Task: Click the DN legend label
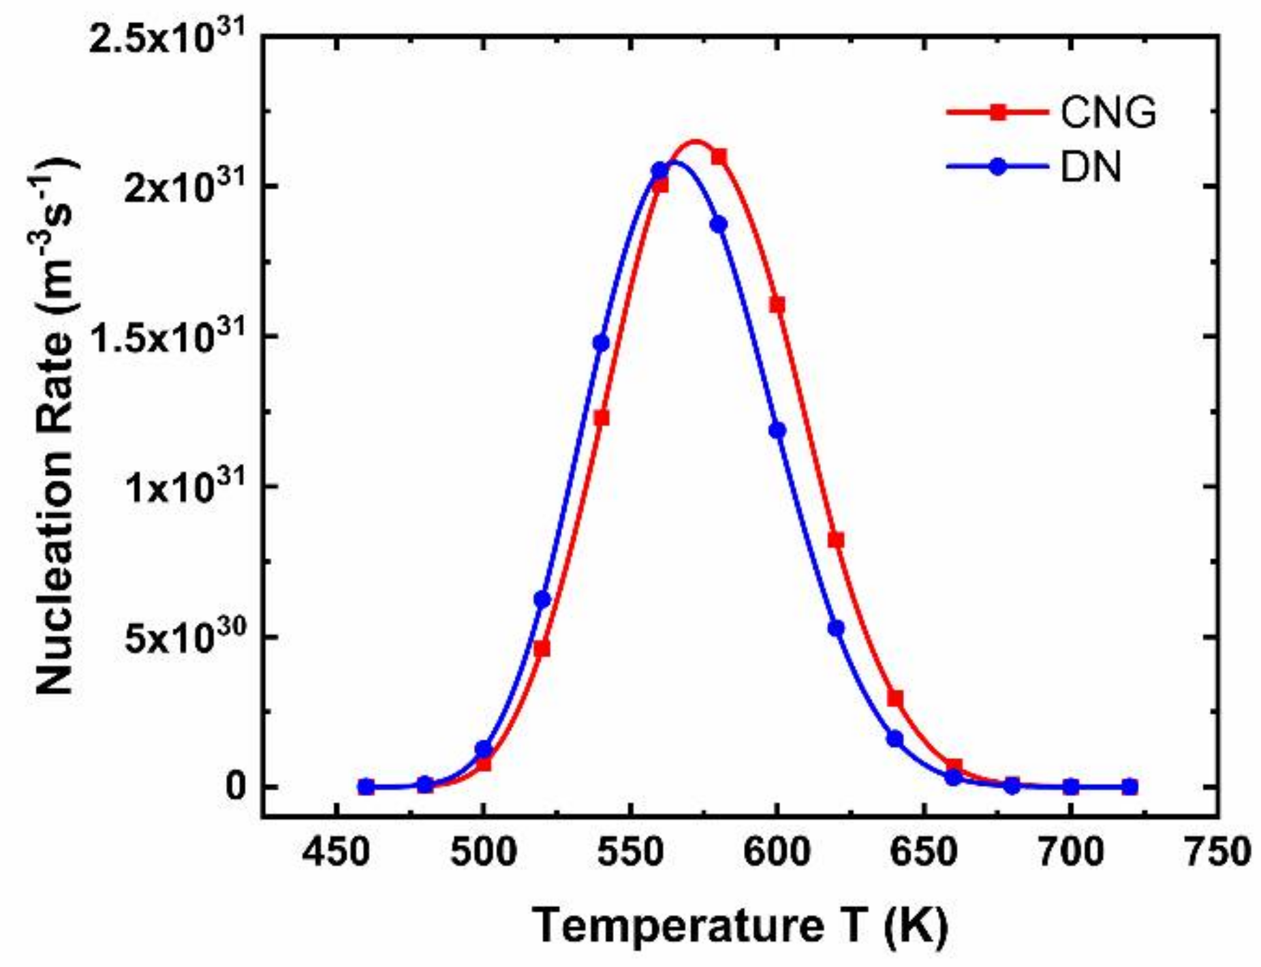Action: pyautogui.click(x=1091, y=167)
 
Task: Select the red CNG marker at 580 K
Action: pyautogui.click(x=719, y=157)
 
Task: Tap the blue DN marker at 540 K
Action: pyautogui.click(x=601, y=343)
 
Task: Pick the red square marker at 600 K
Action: pyautogui.click(x=777, y=305)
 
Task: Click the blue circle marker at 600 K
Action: pyautogui.click(x=777, y=431)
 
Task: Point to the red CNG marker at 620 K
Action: pyautogui.click(x=836, y=540)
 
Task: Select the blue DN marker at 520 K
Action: pyautogui.click(x=542, y=600)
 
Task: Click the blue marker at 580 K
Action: pyautogui.click(x=719, y=225)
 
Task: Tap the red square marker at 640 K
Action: pyautogui.click(x=895, y=699)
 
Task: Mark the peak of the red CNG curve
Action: pyautogui.click(x=695, y=142)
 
